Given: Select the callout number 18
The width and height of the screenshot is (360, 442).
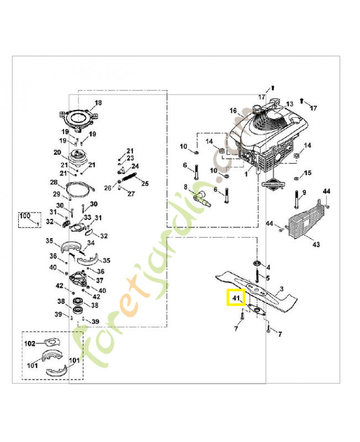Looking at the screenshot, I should click(98, 103).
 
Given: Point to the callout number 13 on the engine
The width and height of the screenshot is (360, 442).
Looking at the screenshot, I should click(289, 104).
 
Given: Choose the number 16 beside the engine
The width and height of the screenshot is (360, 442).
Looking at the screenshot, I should click(233, 110).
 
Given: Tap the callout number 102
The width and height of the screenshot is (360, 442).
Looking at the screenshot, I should click(30, 344).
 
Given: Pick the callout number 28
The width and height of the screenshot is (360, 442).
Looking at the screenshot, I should click(54, 182).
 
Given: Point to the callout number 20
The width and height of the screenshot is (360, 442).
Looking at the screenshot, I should click(57, 152).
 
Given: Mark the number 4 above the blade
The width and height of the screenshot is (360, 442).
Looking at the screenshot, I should click(268, 267).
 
